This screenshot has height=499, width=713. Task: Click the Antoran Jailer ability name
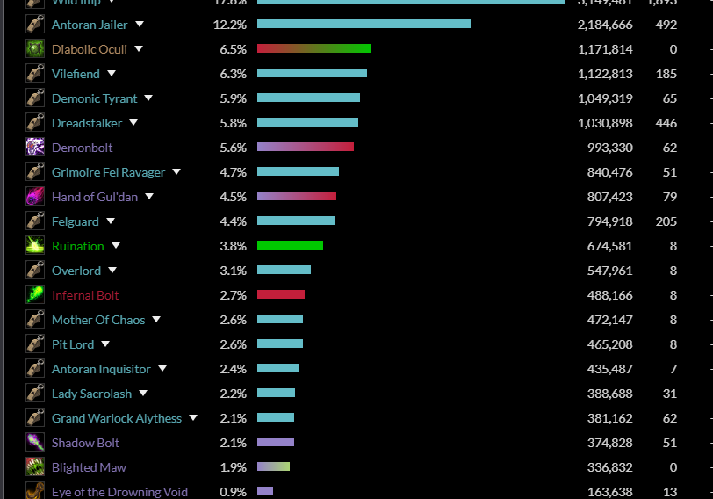click(90, 25)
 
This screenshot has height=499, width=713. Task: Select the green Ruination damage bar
click(290, 246)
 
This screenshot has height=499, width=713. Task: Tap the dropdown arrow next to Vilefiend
click(112, 74)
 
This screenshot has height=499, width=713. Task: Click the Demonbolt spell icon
click(35, 148)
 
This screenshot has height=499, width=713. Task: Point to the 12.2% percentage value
click(230, 25)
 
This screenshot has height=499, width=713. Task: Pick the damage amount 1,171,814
click(605, 49)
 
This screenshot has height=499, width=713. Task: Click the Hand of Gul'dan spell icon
click(35, 197)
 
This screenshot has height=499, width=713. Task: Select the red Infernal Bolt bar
click(281, 295)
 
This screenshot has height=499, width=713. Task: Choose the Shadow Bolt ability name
click(85, 443)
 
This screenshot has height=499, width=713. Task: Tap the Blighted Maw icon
click(35, 467)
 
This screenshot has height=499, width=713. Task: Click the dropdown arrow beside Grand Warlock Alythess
click(193, 418)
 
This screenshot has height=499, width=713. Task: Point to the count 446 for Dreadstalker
click(666, 123)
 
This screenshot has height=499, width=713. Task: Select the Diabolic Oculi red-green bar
click(313, 49)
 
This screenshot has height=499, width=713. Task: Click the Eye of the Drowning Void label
click(119, 492)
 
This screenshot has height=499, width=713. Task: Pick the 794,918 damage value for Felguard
click(605, 221)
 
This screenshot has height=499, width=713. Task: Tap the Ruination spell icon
click(35, 246)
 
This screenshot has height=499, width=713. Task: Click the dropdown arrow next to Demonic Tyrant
click(148, 98)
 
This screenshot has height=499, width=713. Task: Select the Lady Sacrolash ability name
click(92, 394)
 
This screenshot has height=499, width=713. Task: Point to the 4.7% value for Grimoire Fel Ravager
click(233, 172)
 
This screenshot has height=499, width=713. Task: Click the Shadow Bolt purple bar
click(276, 443)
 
